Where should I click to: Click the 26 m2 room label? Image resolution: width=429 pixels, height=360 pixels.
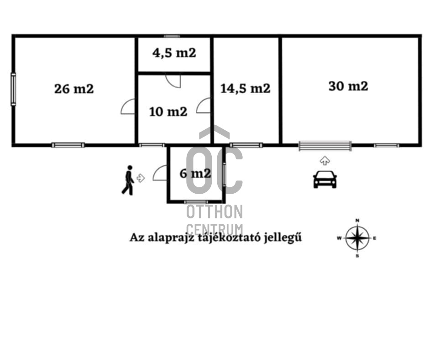tap(74, 89)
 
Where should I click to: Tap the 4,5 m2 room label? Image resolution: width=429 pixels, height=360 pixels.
tap(174, 53)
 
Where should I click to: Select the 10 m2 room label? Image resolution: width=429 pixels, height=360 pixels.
tap(168, 111)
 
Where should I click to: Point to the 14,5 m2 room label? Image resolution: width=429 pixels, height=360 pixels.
tap(245, 88)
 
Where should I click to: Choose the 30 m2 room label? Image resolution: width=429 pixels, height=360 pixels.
tap(348, 86)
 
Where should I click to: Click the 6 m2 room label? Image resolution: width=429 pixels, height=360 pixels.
tap(195, 173)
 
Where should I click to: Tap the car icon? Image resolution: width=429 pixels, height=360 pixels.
tap(325, 179)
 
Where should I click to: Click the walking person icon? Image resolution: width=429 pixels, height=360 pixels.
tap(128, 180)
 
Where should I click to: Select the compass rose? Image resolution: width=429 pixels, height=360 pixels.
tap(357, 238)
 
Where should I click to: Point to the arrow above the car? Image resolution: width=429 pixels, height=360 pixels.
tap(325, 160)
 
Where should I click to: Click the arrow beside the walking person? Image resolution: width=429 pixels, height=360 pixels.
tap(141, 178)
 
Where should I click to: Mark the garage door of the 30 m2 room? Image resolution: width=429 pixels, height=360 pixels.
tap(325, 146)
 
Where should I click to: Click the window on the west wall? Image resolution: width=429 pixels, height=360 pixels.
tap(13, 89)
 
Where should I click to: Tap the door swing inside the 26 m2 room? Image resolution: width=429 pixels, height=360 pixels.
tap(128, 106)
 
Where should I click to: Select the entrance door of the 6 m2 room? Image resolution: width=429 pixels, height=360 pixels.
tap(160, 173)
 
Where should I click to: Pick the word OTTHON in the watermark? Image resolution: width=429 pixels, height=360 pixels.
tap(214, 212)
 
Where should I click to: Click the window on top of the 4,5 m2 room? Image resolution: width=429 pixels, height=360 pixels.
tap(172, 36)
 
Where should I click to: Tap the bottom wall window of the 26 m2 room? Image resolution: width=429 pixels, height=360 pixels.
tap(68, 145)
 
